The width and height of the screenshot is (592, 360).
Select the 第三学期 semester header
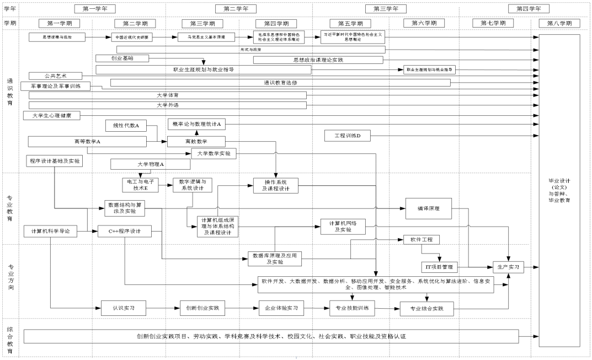pyautogui.click(x=203, y=23)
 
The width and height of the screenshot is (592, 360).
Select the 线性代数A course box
pyautogui.click(x=126, y=126)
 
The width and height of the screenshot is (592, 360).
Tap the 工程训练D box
pyautogui.click(x=348, y=135)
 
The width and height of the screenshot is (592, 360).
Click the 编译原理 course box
pyautogui.click(x=428, y=208)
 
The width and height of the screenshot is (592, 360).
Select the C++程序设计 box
pyautogui.click(x=124, y=232)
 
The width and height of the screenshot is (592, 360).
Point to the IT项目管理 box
pyautogui.click(x=440, y=267)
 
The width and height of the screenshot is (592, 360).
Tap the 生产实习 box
pyautogui.click(x=508, y=266)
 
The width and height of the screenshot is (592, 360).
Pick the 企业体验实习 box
pyautogui.click(x=281, y=308)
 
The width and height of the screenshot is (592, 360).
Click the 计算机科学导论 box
pyautogui.click(x=50, y=232)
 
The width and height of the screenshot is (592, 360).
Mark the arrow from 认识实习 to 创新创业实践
pyautogui.click(x=163, y=308)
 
